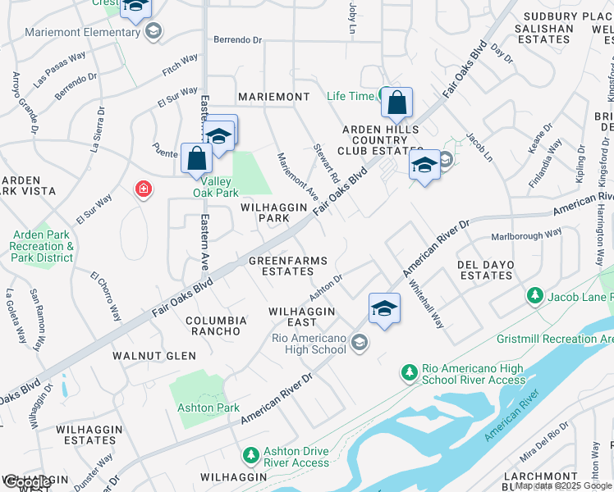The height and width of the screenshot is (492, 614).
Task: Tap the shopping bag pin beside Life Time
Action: coord(396,103)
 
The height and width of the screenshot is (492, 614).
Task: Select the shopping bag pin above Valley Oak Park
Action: coord(197,158)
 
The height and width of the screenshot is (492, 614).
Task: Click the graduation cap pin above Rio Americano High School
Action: coord(383,309)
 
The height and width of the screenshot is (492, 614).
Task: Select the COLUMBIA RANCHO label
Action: coord(216,326)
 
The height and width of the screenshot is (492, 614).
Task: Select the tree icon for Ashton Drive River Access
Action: coord(252,454)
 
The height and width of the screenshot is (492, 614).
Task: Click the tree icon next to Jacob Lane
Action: coord(535,294)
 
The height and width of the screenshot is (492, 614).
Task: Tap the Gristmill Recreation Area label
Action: coord(554,339)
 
